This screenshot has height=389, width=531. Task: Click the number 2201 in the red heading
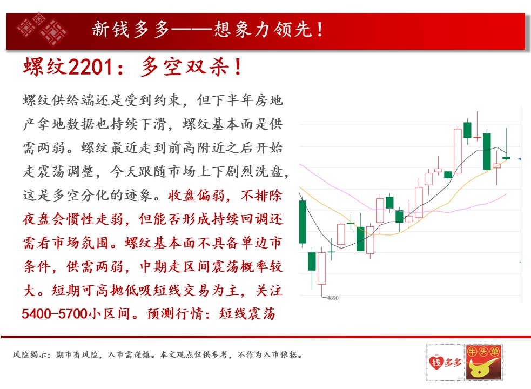(x=90, y=67)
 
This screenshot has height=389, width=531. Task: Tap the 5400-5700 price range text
(x=55, y=314)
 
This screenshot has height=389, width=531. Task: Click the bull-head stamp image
(x=483, y=362)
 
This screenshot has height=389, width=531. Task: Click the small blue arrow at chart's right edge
(x=520, y=159)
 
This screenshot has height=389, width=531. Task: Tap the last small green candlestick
(x=506, y=158)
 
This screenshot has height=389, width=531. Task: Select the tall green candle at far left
(x=303, y=222)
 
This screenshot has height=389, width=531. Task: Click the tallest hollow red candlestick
(x=458, y=151)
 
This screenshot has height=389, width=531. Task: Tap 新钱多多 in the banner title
(x=130, y=30)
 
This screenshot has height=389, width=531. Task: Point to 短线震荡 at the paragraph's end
(x=247, y=314)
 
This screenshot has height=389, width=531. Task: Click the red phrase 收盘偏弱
(x=196, y=196)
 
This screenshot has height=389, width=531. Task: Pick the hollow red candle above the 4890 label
(x=321, y=269)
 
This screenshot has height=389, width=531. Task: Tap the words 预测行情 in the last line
(x=175, y=314)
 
